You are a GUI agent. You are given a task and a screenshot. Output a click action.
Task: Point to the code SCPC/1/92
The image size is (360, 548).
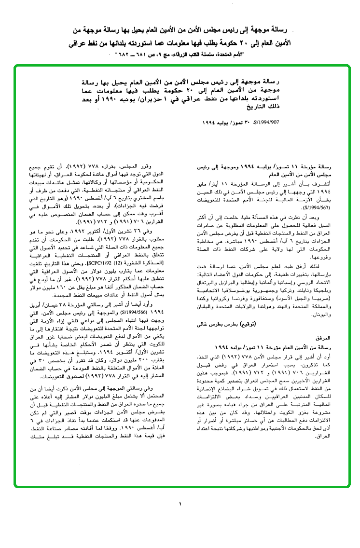click(110, 250)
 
